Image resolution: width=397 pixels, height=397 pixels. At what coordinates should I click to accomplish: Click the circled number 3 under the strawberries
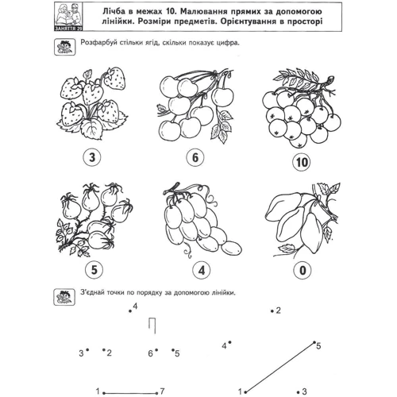pyautogui.click(x=92, y=157)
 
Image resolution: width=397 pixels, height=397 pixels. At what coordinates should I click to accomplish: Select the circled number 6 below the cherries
pyautogui.click(x=195, y=157)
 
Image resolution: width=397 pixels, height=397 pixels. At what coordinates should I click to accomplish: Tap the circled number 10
pyautogui.click(x=302, y=162)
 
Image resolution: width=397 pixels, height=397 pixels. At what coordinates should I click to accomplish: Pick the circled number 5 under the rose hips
pyautogui.click(x=94, y=270)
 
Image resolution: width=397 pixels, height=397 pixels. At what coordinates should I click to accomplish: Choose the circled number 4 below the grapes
pyautogui.click(x=202, y=270)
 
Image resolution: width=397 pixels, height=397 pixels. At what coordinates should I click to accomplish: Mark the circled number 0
pyautogui.click(x=303, y=270)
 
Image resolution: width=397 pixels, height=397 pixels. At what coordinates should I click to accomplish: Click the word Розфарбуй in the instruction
pyautogui.click(x=98, y=43)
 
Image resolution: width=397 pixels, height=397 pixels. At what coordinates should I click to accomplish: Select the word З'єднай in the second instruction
pyautogui.click(x=92, y=293)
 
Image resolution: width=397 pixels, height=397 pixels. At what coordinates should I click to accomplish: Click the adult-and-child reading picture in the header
pyautogui.click(x=69, y=14)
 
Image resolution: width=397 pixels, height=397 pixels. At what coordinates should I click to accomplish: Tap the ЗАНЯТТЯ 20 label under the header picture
pyautogui.click(x=68, y=29)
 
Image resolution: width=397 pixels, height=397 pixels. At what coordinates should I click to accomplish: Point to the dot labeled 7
pyautogui.click(x=157, y=393)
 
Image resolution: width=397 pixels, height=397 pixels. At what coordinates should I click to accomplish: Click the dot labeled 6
pyautogui.click(x=156, y=350)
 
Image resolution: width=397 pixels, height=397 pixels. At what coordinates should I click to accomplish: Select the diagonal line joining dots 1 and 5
pyautogui.click(x=280, y=368)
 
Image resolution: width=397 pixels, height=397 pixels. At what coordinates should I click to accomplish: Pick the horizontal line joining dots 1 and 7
pyautogui.click(x=130, y=393)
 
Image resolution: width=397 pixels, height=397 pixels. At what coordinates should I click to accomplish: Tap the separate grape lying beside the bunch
pyautogui.click(x=231, y=247)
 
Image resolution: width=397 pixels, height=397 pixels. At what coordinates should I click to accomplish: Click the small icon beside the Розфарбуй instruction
pyautogui.click(x=64, y=47)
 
